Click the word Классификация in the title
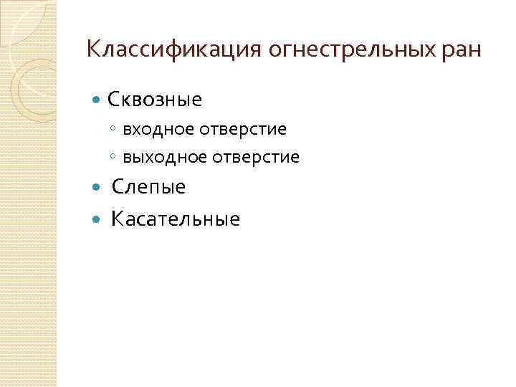[174, 49]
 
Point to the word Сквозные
[154, 99]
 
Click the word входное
[160, 130]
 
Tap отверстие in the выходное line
[257, 157]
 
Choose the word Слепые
[148, 188]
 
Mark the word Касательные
[176, 219]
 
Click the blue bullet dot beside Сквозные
[98, 100]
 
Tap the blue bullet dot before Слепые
[98, 188]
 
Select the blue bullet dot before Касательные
[98, 219]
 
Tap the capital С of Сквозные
[113, 99]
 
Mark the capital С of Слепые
[118, 188]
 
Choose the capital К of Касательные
[118, 219]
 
